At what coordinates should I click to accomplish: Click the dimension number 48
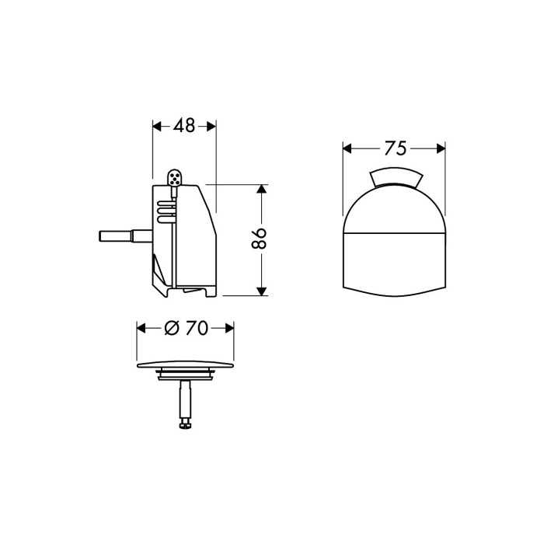point(184,125)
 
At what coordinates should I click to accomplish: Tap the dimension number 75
point(395,148)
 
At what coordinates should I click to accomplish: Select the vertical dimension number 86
point(259,239)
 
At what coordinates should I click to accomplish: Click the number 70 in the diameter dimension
point(197,328)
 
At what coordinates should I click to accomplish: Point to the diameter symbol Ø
point(172,328)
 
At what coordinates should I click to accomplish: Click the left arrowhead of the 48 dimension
point(158,127)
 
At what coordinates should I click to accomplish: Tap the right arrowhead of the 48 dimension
point(211,127)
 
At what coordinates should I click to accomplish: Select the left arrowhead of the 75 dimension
point(347,149)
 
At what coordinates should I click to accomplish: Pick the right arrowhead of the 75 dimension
point(441,149)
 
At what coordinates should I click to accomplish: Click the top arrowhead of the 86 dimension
point(262,189)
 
